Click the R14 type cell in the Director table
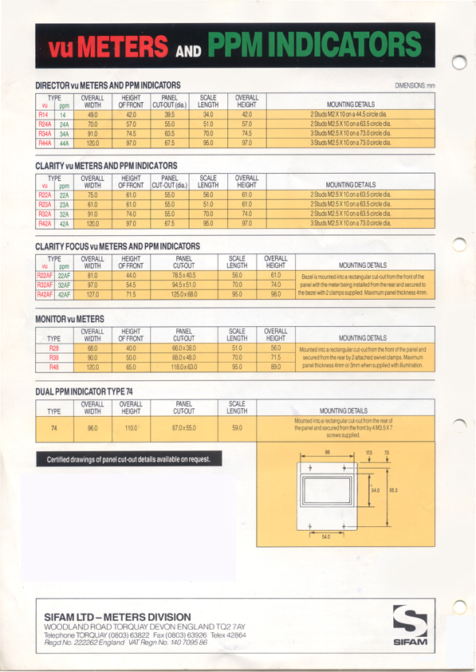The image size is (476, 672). (x=44, y=115)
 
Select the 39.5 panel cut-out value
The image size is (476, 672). (x=169, y=115)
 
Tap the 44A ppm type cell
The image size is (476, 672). (x=65, y=143)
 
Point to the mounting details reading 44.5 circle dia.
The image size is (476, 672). (x=350, y=115)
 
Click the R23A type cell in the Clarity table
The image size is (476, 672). (x=45, y=205)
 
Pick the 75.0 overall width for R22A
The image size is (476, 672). (x=92, y=195)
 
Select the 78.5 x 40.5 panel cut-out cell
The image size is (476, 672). (x=184, y=275)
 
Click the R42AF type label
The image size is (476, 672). (x=44, y=294)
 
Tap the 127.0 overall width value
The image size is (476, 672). (x=92, y=294)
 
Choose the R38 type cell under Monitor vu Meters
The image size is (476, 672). (x=54, y=358)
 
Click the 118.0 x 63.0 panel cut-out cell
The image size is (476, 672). (x=184, y=367)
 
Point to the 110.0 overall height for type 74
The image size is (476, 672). (x=132, y=428)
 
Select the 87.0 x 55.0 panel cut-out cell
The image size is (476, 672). (x=184, y=428)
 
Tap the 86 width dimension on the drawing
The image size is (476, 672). (x=328, y=453)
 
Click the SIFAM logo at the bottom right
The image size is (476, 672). (x=411, y=624)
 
